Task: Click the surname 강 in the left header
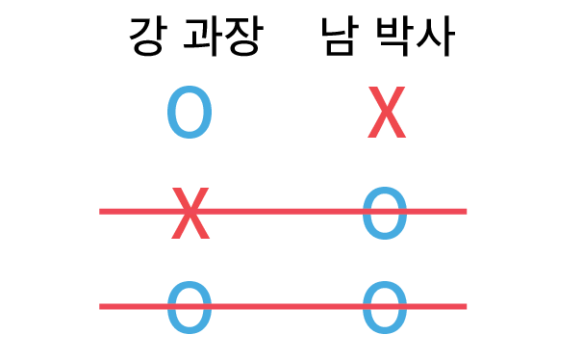146,37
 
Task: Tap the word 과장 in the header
223,37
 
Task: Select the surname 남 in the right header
340,37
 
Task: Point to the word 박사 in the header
416,37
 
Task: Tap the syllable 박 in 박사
393,37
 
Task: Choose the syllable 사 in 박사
436,37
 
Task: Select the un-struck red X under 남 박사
387,112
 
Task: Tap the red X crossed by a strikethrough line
190,213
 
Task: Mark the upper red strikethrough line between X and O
283,212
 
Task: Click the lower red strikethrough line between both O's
283,306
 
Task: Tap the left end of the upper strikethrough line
99,212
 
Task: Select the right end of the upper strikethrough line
467,212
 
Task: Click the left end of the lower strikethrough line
99,306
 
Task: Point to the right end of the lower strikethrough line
467,306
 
